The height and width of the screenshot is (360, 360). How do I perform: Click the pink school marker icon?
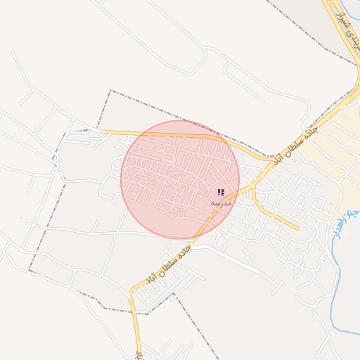click(221, 192)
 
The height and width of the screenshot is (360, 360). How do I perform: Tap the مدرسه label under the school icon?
click(221, 203)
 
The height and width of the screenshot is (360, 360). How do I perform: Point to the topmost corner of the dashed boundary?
click(110, 91)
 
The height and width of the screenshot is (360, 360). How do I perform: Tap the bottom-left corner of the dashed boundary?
click(30, 271)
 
